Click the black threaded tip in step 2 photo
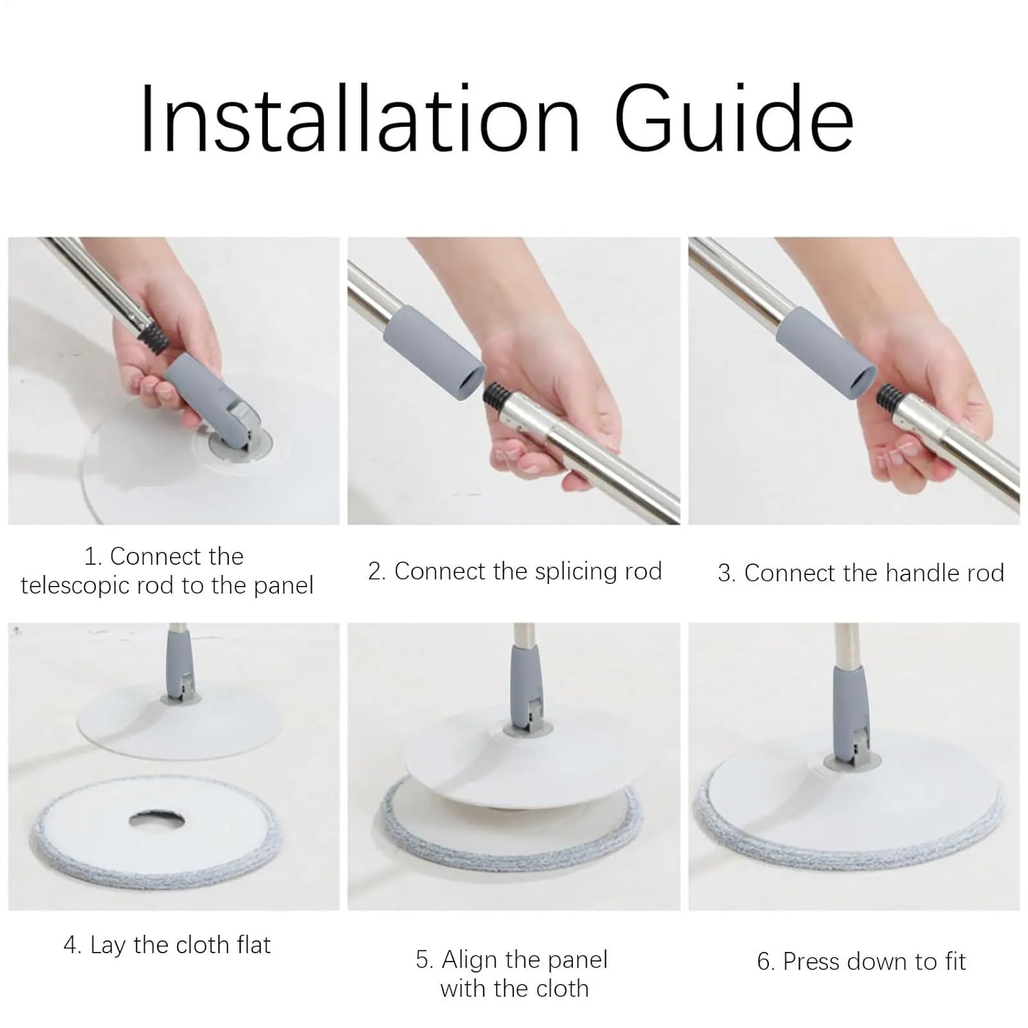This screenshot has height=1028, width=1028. pos(494,397)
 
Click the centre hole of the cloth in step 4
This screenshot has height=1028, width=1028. pos(161,819)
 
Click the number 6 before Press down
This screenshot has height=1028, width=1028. pos(764,962)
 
